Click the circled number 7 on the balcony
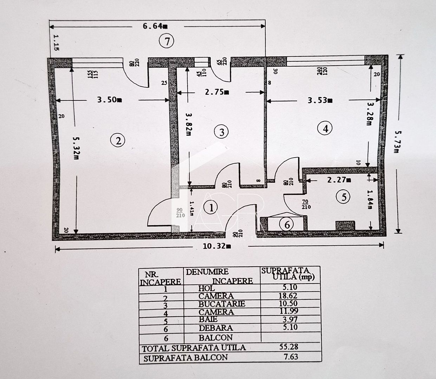point(166,41)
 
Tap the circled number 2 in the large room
point(118,141)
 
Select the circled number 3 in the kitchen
point(221,132)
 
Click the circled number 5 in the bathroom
point(343,197)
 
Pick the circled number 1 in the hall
point(211,207)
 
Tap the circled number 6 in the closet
point(287,224)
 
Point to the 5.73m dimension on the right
point(397,142)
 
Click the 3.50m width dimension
point(110,100)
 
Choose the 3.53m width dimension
point(320,100)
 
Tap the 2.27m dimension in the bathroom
point(339,180)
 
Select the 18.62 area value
point(288,296)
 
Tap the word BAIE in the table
point(208,319)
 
